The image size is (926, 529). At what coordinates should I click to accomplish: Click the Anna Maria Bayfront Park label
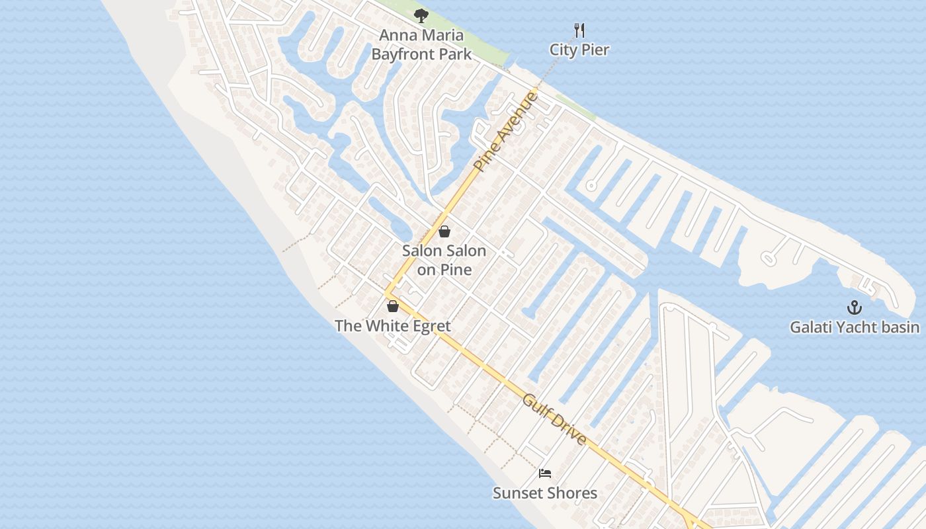point(421,45)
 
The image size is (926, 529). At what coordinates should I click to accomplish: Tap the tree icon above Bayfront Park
point(421,16)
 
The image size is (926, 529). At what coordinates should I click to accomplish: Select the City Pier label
point(579,50)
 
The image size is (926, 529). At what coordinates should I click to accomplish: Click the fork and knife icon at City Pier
point(579,30)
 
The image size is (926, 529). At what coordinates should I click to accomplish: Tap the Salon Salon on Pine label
point(444,260)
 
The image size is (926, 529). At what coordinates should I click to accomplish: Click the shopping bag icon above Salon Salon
point(444,231)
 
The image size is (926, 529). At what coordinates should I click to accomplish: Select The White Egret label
point(393,326)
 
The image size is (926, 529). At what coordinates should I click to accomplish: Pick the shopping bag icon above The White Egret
point(393,306)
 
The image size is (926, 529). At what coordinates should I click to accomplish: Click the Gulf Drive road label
point(554,419)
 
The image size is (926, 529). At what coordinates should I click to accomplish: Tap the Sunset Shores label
point(545,493)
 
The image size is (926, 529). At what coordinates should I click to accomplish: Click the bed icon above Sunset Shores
point(545,473)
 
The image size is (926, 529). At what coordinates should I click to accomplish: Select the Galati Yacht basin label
point(855,327)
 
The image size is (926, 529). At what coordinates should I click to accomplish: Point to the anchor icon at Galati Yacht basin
point(855,307)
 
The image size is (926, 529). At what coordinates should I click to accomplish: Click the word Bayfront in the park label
point(405,54)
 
